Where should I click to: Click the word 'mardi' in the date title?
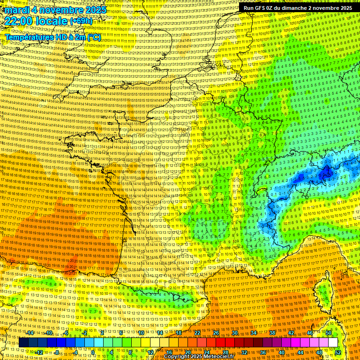17,10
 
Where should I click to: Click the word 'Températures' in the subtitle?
28,37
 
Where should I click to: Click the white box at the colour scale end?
333,343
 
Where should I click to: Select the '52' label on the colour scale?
338,352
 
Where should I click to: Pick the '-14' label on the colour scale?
31,333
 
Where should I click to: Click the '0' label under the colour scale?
93,352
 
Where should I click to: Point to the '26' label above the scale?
216,333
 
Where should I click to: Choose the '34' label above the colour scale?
254,333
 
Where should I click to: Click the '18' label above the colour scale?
178,333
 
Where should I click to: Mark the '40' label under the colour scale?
282,352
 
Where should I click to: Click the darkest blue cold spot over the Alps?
326,173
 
